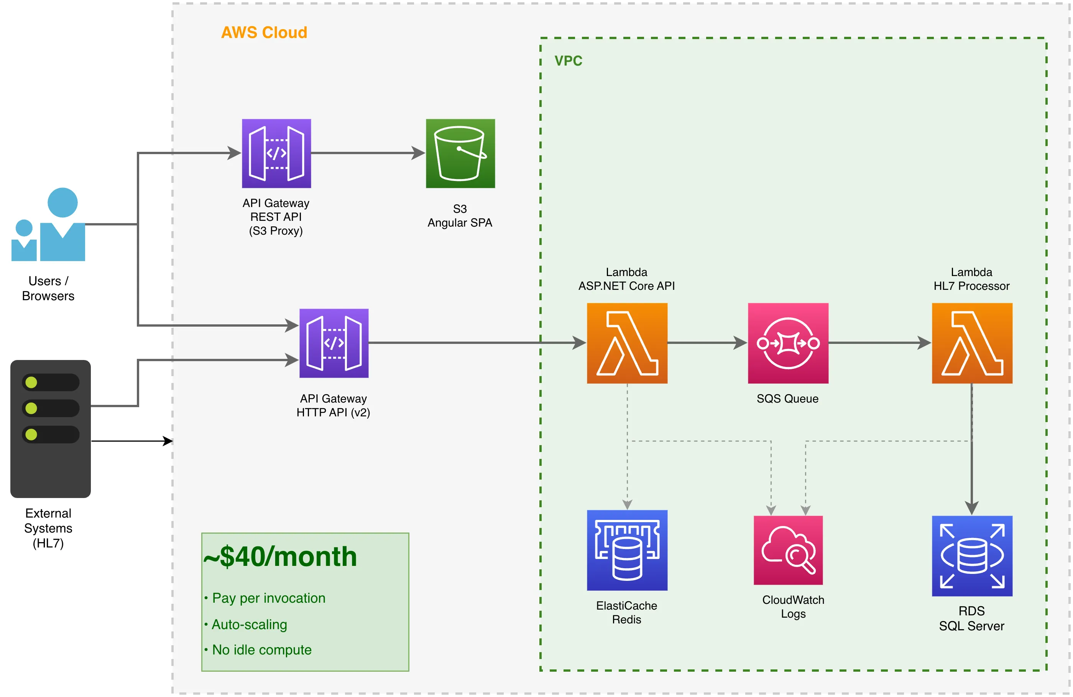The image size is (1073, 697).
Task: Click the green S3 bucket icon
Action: coord(460,153)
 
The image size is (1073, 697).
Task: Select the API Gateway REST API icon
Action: coord(276,153)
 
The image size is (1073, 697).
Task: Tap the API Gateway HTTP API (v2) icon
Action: coord(334,343)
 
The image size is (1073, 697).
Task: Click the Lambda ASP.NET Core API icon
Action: coord(627,343)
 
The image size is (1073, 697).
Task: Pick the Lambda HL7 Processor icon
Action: coord(972,343)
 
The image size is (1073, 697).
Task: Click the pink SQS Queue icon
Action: coord(788,343)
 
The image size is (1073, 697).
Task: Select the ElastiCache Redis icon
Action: coord(627,550)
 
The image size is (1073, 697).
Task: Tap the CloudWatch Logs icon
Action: coord(788,550)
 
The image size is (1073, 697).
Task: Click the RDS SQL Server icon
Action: coord(972,556)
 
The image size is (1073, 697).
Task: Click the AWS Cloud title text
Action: coord(264,33)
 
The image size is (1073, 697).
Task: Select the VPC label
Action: coord(568,61)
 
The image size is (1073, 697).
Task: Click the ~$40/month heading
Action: coord(280,557)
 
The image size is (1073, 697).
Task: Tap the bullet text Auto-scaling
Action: coord(249,625)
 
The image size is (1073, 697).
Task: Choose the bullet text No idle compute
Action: coord(261,650)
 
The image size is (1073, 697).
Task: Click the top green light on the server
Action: coord(31,382)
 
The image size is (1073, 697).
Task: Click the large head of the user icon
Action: coord(62,202)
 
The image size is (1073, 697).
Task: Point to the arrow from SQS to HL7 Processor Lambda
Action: coord(879,343)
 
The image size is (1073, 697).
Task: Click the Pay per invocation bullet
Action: coord(269,598)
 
